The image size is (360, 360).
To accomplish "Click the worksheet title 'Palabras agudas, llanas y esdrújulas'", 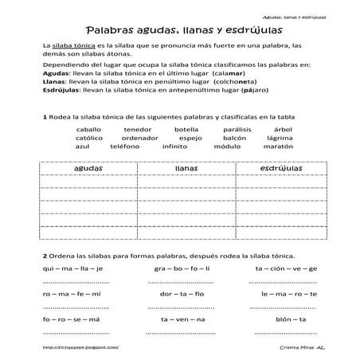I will pyautogui.click(x=179, y=28).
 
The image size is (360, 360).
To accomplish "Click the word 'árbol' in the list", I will pyautogui.click(x=294, y=129).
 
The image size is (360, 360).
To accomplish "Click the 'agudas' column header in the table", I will pyautogui.click(x=88, y=169).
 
